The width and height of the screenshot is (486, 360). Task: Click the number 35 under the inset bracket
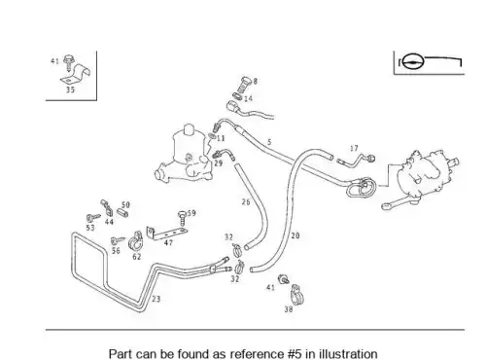tap(70, 90)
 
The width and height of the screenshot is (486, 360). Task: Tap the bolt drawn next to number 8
tap(245, 84)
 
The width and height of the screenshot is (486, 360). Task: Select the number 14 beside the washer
tap(248, 98)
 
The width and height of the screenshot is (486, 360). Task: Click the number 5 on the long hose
tap(269, 142)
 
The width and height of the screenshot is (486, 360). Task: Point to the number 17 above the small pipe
tap(354, 148)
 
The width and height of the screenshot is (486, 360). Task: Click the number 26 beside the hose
tap(246, 202)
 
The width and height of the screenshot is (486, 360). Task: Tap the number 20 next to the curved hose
tap(295, 235)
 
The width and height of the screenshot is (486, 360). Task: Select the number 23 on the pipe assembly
tap(156, 299)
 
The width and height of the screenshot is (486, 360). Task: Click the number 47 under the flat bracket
tap(168, 242)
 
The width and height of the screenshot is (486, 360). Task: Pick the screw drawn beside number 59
tap(183, 218)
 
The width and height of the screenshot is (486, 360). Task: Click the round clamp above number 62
tap(135, 241)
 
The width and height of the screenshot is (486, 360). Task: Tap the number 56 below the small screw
tap(116, 250)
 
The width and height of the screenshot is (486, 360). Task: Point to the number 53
tap(90, 228)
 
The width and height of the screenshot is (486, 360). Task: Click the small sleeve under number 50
tap(122, 213)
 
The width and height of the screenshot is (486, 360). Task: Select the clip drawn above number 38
tap(296, 295)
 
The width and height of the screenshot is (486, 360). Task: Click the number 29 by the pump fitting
tap(219, 163)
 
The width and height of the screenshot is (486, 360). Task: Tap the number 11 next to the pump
tap(221, 138)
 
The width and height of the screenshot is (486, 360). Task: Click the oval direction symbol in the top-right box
tap(413, 61)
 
